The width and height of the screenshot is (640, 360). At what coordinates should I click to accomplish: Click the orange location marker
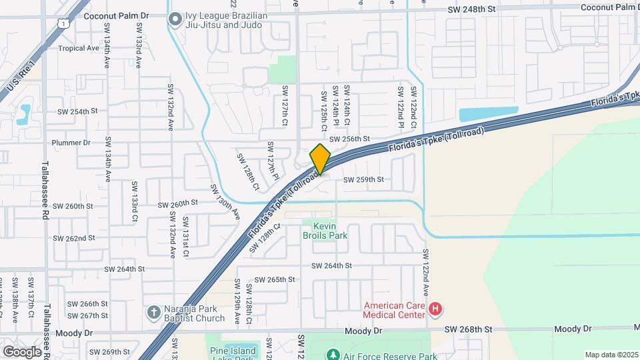tap(321, 159)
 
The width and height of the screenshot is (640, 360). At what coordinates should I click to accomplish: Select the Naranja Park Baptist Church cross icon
tap(153, 312)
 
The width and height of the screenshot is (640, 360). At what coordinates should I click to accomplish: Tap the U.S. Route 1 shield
tap(62, 24)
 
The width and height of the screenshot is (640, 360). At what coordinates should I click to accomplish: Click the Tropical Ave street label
tap(78, 48)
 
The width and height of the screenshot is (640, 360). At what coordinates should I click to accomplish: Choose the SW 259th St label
tap(363, 179)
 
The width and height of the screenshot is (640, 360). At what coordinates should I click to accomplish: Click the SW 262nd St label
tap(75, 238)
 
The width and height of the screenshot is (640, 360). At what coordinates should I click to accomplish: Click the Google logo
tap(22, 351)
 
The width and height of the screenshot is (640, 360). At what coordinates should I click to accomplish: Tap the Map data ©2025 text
tap(611, 355)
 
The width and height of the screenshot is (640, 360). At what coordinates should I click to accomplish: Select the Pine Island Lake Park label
tap(223, 353)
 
